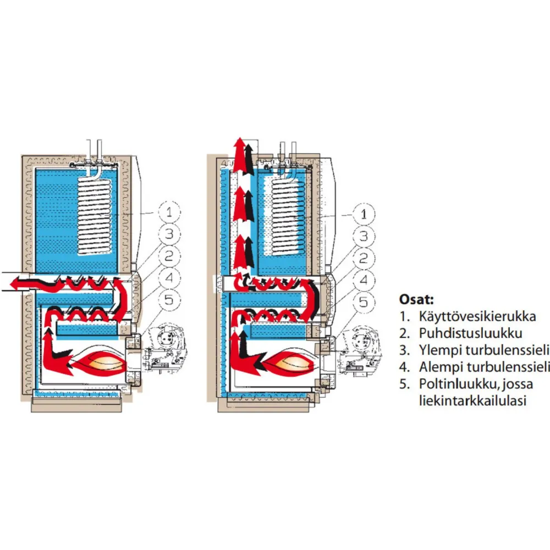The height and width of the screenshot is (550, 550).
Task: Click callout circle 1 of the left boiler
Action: click(x=169, y=212)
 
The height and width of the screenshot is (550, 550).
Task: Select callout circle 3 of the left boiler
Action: click(x=169, y=234)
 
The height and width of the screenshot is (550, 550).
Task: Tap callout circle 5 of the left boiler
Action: click(x=169, y=300)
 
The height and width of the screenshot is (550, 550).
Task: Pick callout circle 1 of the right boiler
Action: click(x=364, y=214)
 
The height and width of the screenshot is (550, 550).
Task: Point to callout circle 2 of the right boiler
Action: click(x=364, y=258)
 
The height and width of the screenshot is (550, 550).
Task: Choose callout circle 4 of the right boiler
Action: click(x=364, y=280)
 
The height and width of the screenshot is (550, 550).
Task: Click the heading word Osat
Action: click(x=416, y=300)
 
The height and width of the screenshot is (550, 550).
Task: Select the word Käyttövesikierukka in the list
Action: click(x=477, y=316)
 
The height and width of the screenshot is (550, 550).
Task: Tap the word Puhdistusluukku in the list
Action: click(x=471, y=333)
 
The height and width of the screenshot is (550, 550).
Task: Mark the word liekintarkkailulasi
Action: click(x=473, y=400)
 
